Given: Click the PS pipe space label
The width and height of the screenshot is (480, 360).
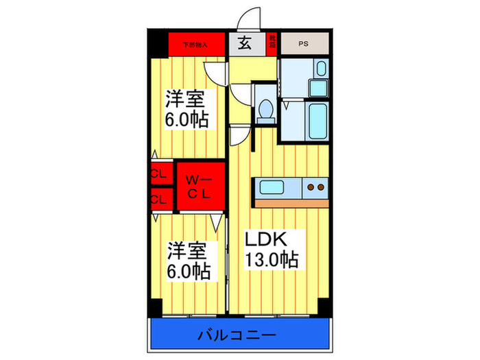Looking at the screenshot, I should (x=304, y=45).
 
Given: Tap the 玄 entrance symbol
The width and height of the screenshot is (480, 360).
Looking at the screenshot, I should (x=244, y=44).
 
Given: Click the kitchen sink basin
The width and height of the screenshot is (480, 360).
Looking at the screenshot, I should (x=274, y=187).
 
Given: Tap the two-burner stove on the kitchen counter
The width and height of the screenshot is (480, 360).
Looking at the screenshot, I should (x=315, y=187).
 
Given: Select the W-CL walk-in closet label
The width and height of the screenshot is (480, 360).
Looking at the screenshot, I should (x=200, y=185).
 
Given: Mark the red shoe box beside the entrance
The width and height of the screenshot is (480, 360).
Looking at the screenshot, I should (x=272, y=45).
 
